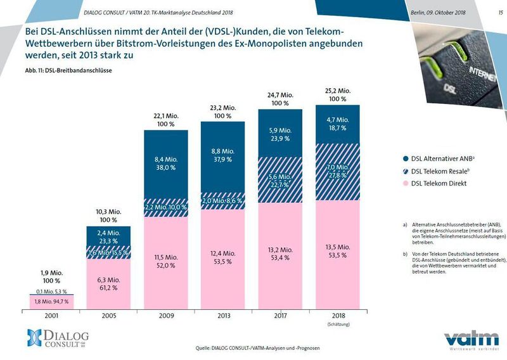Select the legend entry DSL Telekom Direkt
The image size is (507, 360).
point(439,183)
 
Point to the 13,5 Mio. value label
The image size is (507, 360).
point(337,248)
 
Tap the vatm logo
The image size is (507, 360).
point(467,338)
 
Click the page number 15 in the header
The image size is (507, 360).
point(492,11)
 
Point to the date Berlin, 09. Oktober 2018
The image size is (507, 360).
point(438,11)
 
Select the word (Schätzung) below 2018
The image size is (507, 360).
point(337,325)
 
